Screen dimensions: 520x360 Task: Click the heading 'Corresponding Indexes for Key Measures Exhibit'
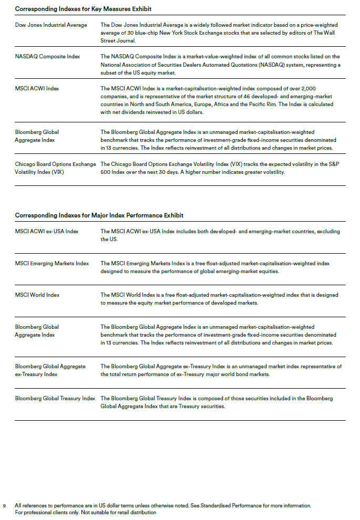[83, 9]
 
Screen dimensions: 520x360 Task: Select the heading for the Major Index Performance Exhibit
[99, 215]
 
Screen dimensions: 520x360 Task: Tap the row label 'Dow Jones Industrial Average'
[51, 25]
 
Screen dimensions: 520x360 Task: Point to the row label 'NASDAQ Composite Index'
[47, 57]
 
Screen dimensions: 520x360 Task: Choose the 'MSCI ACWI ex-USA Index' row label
[47, 232]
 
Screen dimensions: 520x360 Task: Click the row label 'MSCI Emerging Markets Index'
[52, 264]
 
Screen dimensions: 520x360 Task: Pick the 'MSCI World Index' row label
[37, 295]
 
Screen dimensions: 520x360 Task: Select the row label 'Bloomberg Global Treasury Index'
[55, 399]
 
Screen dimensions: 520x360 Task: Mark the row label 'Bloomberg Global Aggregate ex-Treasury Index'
[50, 370]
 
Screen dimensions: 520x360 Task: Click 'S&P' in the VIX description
[334, 164]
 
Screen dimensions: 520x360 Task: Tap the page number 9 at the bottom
[5, 506]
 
